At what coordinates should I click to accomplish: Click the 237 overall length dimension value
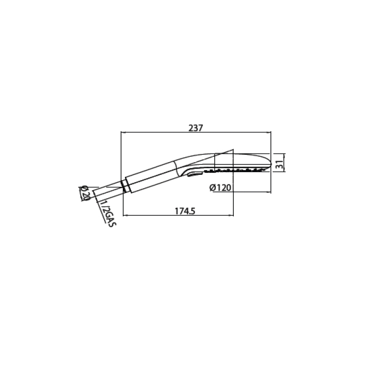point(196,128)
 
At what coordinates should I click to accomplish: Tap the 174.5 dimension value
point(185,211)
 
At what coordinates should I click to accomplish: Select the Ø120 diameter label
point(220,188)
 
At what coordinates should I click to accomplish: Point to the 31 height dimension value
point(281,164)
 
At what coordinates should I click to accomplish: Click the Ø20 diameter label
point(84,192)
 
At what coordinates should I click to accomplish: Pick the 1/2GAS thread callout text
point(107,214)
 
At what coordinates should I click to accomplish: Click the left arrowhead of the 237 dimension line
point(122,132)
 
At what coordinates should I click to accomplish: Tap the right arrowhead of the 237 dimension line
point(269,132)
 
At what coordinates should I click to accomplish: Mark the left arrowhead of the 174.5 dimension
point(125,215)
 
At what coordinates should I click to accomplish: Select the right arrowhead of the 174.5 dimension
point(232,215)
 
